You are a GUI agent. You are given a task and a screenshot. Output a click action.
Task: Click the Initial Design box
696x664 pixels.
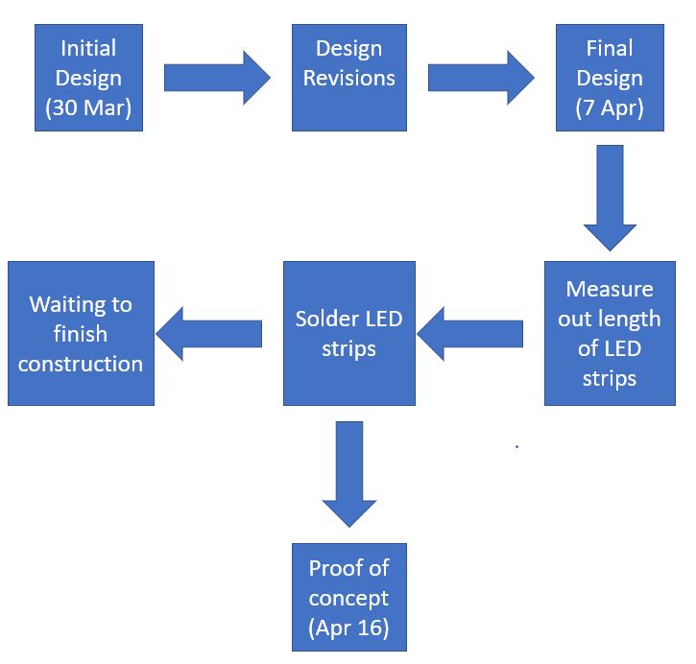point(88,78)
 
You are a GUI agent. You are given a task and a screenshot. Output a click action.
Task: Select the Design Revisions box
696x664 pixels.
point(348,78)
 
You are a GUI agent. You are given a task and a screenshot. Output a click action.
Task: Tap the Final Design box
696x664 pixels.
point(609,78)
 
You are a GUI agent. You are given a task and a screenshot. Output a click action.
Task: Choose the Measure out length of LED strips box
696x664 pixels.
point(609,333)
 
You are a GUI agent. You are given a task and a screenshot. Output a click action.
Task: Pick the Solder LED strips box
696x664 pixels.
point(348,333)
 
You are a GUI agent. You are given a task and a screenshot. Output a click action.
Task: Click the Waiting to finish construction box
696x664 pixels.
point(81,333)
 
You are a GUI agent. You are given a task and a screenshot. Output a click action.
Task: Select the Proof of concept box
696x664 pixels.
point(348,597)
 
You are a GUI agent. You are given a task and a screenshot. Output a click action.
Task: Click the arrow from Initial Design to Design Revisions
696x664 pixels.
point(217,78)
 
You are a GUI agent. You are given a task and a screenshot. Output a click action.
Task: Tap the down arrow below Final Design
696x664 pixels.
point(610,197)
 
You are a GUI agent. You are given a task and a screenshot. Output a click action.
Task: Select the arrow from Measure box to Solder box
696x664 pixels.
point(469,333)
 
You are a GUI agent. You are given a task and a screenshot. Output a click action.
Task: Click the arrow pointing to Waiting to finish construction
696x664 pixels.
point(208,333)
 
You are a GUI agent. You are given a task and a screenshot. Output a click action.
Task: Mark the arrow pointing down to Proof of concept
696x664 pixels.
point(348,474)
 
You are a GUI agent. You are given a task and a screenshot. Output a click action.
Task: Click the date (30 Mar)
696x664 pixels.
point(88,107)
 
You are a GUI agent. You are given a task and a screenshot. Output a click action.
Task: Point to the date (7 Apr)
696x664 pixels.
point(609,107)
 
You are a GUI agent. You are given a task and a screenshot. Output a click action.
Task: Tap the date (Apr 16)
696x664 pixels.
point(348,628)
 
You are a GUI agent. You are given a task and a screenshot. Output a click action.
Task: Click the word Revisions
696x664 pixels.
point(348,78)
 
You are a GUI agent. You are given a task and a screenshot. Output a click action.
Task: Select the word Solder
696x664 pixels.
point(326,318)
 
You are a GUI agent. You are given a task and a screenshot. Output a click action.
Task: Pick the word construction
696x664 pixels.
point(81,364)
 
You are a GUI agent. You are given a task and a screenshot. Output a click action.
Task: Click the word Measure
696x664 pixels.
point(609,289)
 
